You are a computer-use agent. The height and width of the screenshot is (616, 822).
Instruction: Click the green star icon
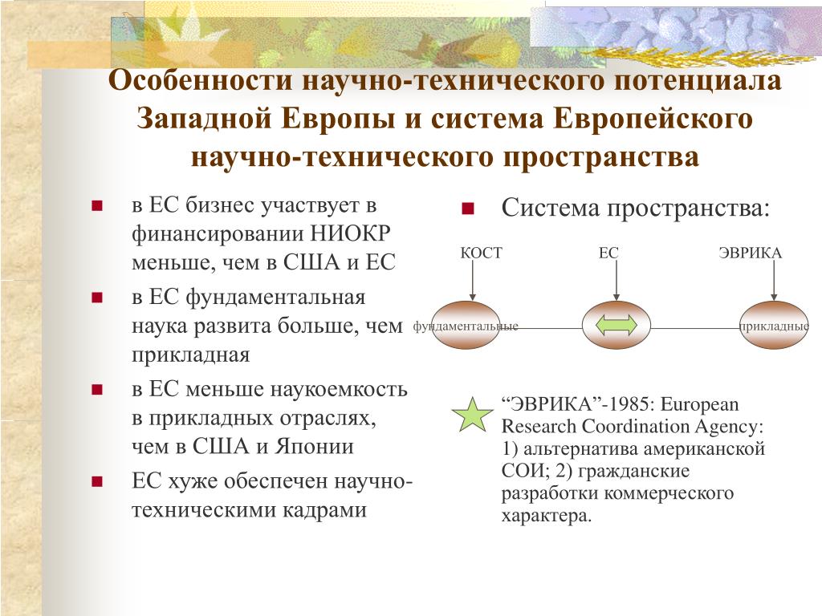click(472, 415)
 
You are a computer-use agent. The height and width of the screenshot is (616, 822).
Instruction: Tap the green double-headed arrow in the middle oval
click(616, 326)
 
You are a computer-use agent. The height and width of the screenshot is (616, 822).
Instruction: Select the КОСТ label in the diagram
click(481, 253)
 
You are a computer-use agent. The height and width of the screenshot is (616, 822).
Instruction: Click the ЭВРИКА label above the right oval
click(750, 253)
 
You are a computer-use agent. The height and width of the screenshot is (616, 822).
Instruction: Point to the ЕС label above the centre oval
click(608, 253)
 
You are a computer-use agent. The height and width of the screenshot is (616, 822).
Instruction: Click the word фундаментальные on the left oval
click(466, 326)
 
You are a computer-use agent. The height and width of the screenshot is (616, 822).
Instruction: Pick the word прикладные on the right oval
click(774, 326)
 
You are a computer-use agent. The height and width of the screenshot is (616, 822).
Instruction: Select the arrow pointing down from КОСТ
click(472, 280)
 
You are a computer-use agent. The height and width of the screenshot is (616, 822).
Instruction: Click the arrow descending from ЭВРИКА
click(774, 280)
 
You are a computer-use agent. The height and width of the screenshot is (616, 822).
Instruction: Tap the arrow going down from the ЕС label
click(616, 280)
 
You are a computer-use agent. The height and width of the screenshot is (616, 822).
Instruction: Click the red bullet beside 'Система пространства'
click(468, 209)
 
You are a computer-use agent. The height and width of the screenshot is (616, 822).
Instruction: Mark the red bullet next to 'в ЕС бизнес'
click(97, 205)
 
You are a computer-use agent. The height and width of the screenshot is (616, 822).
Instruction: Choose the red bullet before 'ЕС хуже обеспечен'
click(97, 481)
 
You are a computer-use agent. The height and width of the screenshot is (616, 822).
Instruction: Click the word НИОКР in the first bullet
click(350, 233)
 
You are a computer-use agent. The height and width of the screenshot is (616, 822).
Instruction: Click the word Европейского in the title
click(653, 119)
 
